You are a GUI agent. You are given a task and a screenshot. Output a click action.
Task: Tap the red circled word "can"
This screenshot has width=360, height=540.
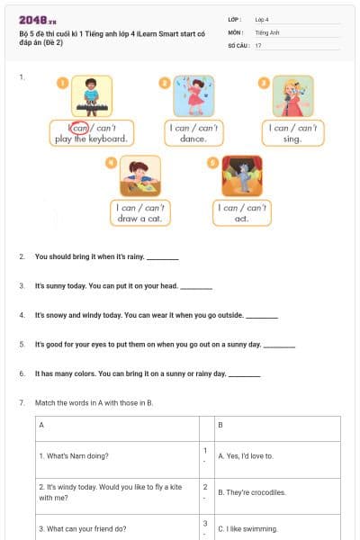pyautogui.click(x=80, y=128)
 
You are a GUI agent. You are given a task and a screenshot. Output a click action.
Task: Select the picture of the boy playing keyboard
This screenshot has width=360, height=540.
pyautogui.click(x=91, y=96)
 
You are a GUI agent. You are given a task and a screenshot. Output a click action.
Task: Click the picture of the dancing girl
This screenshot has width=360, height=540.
pyautogui.click(x=193, y=96)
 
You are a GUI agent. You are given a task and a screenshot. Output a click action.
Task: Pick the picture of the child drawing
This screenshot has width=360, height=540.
pyautogui.click(x=139, y=175)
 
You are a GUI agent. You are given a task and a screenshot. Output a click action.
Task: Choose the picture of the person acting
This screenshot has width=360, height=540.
pyautogui.click(x=242, y=175)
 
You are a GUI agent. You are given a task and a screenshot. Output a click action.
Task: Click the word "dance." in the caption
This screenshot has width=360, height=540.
pyautogui.click(x=193, y=139)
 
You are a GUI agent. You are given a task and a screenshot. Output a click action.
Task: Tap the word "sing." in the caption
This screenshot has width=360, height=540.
pyautogui.click(x=292, y=139)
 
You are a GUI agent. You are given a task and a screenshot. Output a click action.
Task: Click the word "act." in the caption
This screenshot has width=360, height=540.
pyautogui.click(x=242, y=219)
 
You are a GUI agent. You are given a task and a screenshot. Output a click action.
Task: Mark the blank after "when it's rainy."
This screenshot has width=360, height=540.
pyautogui.click(x=163, y=258)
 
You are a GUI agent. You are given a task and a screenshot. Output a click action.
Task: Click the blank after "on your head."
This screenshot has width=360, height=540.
pyautogui.click(x=196, y=287)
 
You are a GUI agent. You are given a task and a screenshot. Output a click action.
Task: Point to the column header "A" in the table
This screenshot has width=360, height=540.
pyautogui.click(x=42, y=424)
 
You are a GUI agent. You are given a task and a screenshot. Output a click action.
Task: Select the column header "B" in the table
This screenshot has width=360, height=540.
pyautogui.click(x=221, y=424)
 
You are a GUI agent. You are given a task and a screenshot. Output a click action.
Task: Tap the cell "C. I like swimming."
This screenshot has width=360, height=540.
pyautogui.click(x=248, y=528)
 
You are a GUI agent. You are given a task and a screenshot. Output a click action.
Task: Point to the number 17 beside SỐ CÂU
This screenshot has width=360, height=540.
pyautogui.click(x=258, y=44)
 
